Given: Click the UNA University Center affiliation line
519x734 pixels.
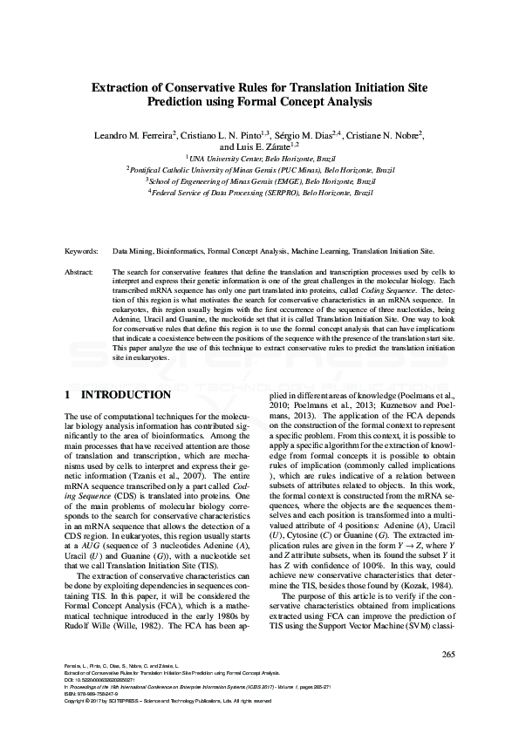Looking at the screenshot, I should (x=259, y=159).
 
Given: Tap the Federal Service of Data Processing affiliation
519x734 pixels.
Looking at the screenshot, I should (x=259, y=191).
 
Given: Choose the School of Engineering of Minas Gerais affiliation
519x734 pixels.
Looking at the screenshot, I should (x=259, y=180).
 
